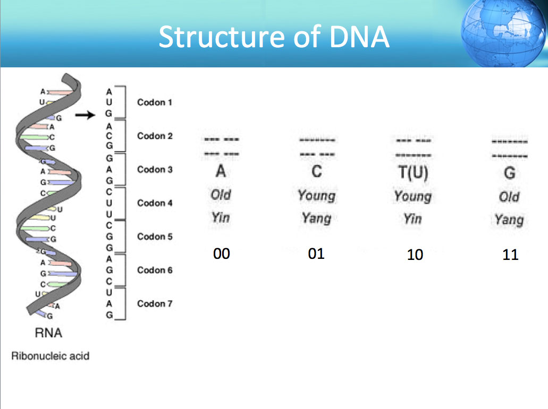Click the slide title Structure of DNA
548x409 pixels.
[274, 37]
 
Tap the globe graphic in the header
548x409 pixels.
[504, 33]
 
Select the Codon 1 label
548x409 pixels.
[155, 102]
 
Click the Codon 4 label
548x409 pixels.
[155, 203]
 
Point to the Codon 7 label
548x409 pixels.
[155, 303]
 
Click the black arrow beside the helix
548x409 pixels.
[85, 115]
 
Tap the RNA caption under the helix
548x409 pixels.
[48, 333]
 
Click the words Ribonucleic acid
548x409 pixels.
[50, 356]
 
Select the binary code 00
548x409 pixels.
[222, 254]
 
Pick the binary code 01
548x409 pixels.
[316, 254]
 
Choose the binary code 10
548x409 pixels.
[415, 255]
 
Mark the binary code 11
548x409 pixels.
[510, 255]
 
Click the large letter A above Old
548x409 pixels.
[221, 171]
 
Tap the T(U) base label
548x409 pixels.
[413, 173]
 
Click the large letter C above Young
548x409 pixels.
[317, 171]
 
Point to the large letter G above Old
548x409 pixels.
[510, 173]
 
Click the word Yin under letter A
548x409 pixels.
[221, 218]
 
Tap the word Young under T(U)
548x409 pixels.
[413, 197]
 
